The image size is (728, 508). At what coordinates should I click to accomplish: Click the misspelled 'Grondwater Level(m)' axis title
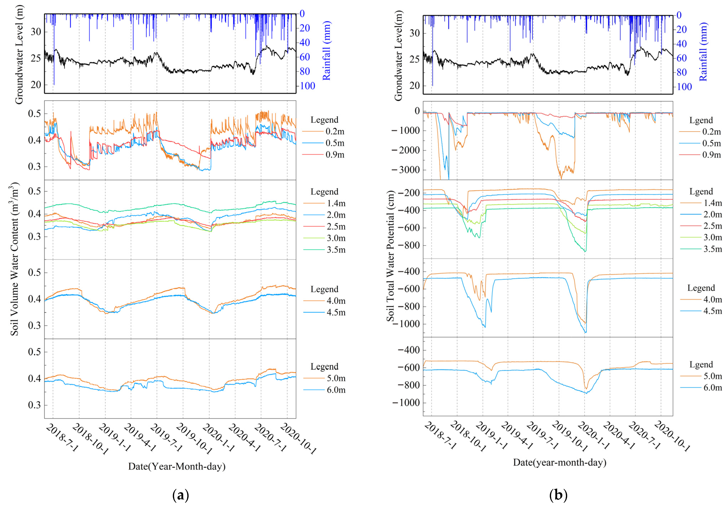tap(398, 55)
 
